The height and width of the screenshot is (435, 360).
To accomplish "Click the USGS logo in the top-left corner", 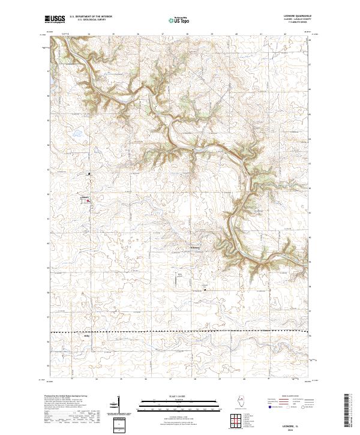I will tap(55, 20).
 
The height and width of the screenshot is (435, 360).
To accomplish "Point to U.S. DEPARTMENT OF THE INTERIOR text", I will tap(91, 17).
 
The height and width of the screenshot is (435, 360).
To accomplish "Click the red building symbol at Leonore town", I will tap(88, 201).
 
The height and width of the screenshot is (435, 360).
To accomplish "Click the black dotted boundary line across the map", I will tap(180, 332).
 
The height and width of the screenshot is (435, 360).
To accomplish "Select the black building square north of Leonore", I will tap(89, 174).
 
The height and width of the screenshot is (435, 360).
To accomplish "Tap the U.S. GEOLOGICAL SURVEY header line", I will tap(91, 21).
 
